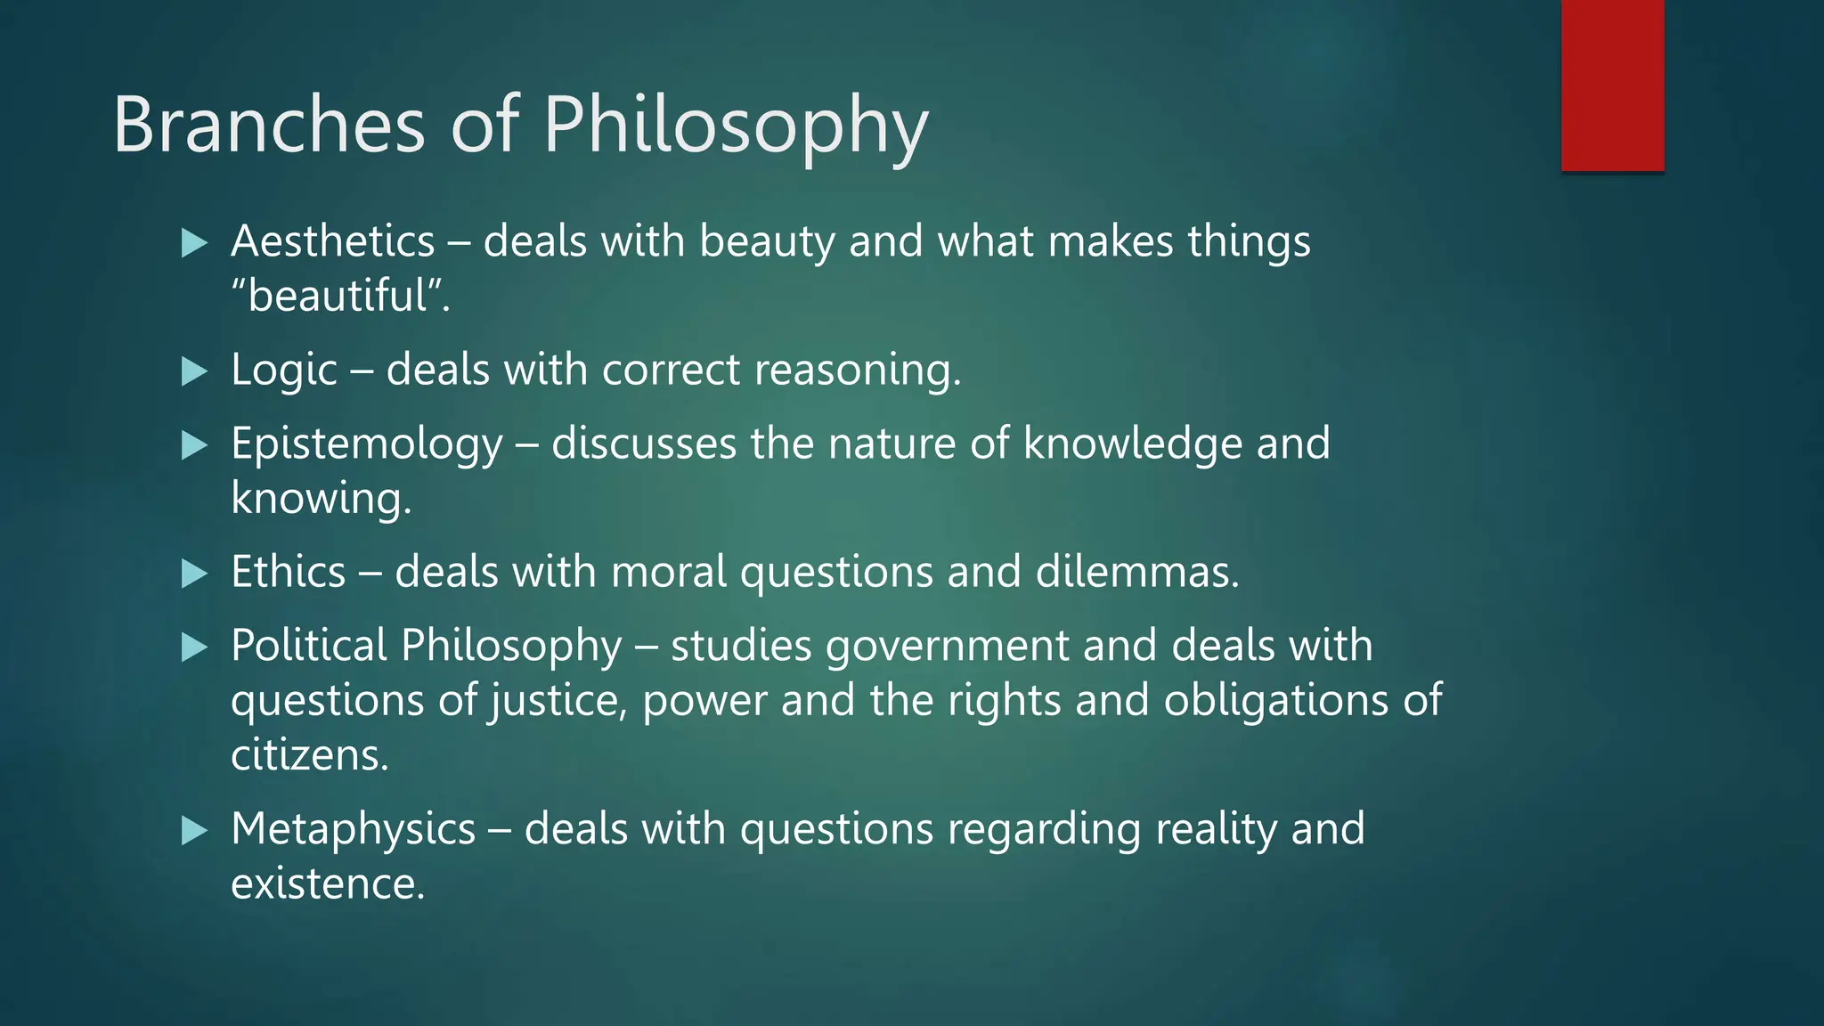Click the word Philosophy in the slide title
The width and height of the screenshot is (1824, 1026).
coord(736,126)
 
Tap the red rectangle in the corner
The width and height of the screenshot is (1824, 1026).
coord(1612,85)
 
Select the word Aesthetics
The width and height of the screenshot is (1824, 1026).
coord(333,241)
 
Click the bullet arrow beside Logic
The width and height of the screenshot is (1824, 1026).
coord(194,370)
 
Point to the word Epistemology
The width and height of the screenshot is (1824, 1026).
coord(367,444)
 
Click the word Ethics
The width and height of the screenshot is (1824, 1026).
coord(288,572)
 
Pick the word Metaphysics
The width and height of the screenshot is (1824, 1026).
coord(354,829)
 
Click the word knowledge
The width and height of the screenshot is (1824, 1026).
coord(1132,443)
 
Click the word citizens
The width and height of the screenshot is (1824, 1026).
coord(309,755)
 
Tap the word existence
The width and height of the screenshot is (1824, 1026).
coord(328,884)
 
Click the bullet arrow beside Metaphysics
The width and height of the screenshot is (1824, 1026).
coord(194,831)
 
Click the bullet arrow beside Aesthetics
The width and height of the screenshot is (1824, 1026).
coord(194,242)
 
